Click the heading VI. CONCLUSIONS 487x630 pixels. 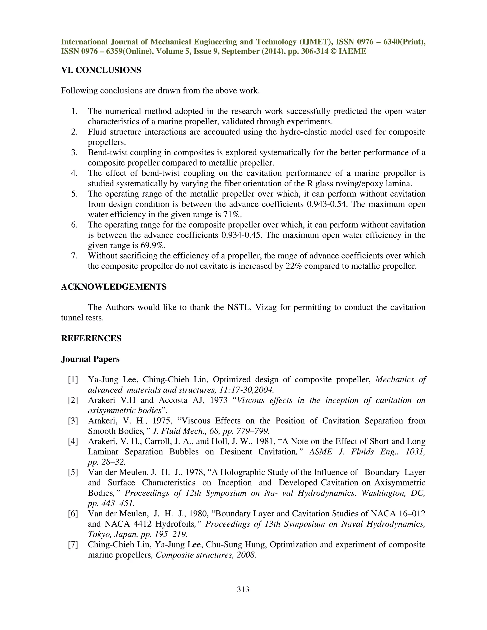tap(101, 70)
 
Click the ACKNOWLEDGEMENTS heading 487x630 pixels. tap(114, 287)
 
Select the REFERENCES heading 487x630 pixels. tap(91, 338)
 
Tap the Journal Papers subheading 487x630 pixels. tap(90, 359)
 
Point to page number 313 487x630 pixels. tap(243, 589)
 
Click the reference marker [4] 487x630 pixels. tap(73, 441)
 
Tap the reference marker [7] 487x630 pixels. tap(73, 545)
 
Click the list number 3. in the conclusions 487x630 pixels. tap(75, 153)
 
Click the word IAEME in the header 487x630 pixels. tap(352, 51)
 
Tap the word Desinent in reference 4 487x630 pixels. tap(236, 452)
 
